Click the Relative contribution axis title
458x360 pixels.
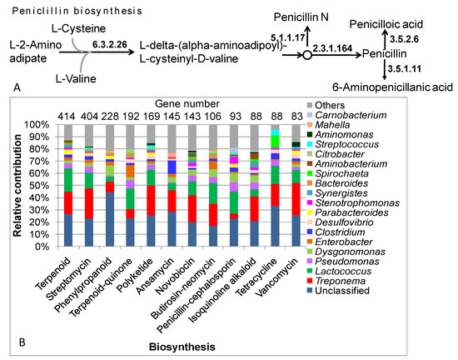(x=17, y=185)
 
